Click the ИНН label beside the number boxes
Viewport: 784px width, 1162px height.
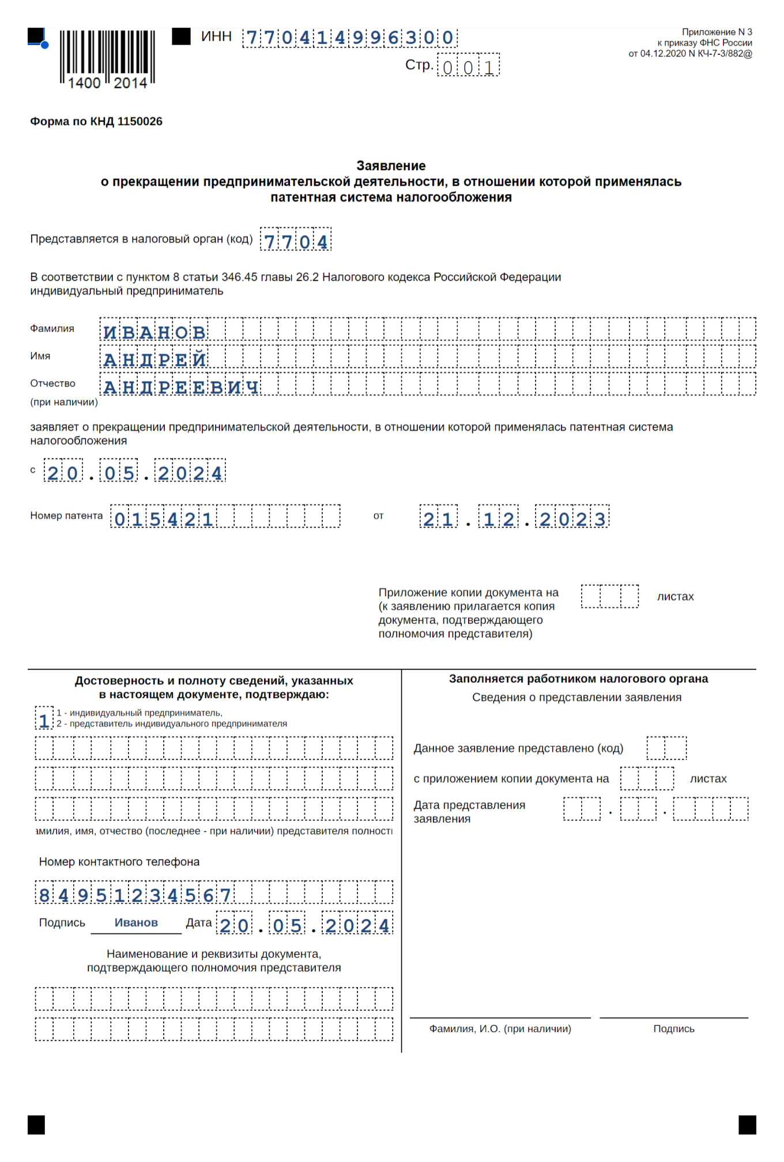(x=216, y=37)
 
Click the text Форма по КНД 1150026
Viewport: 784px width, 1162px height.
(x=96, y=122)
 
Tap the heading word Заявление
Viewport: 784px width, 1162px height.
(x=391, y=166)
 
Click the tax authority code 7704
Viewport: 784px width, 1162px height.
(x=296, y=240)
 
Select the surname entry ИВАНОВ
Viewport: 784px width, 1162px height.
(x=154, y=332)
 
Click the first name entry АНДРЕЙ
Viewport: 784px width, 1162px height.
(x=154, y=359)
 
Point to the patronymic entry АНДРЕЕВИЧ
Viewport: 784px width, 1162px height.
(x=180, y=386)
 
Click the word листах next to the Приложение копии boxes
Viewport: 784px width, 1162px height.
(x=675, y=597)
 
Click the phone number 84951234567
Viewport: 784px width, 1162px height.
(x=135, y=894)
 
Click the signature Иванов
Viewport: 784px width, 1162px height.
(x=136, y=923)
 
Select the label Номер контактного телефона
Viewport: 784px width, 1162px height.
(x=119, y=862)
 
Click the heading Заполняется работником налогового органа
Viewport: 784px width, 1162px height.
(x=578, y=679)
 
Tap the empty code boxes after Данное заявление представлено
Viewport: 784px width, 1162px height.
(x=666, y=748)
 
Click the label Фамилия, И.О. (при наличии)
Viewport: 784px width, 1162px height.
(x=500, y=1029)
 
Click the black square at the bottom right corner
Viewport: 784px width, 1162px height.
(x=747, y=1125)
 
